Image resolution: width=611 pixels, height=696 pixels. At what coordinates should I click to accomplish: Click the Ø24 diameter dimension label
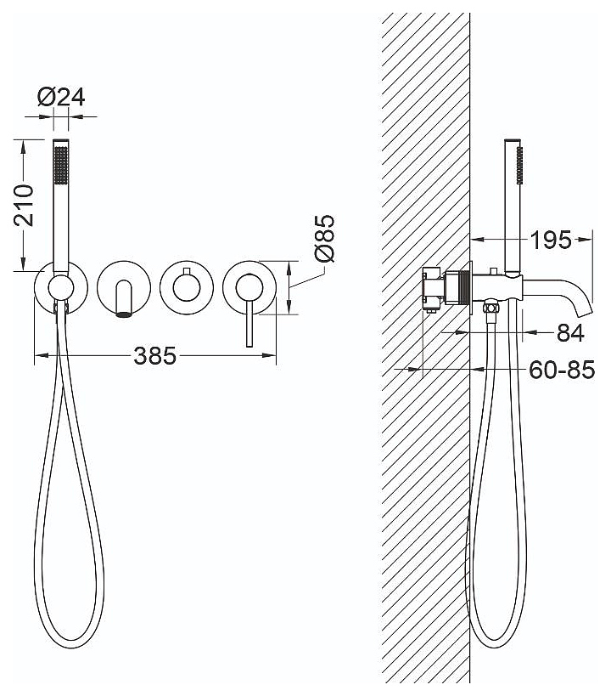tap(61, 97)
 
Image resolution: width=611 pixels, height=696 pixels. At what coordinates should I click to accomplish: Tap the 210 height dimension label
tap(24, 206)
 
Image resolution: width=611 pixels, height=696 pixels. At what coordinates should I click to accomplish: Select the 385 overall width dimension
tap(154, 355)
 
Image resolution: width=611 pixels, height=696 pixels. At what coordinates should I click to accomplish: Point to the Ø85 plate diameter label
tap(324, 238)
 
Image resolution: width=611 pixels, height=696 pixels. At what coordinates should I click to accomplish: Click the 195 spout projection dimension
tap(552, 240)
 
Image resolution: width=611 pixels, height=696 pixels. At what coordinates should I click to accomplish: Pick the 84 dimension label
tap(570, 332)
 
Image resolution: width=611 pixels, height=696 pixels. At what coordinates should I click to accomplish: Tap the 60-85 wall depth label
tap(562, 370)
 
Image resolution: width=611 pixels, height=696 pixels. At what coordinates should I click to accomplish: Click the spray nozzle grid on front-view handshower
tap(61, 165)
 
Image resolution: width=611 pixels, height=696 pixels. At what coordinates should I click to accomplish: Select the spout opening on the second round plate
tap(124, 314)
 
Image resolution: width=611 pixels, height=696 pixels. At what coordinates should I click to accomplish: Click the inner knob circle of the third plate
tap(186, 287)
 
